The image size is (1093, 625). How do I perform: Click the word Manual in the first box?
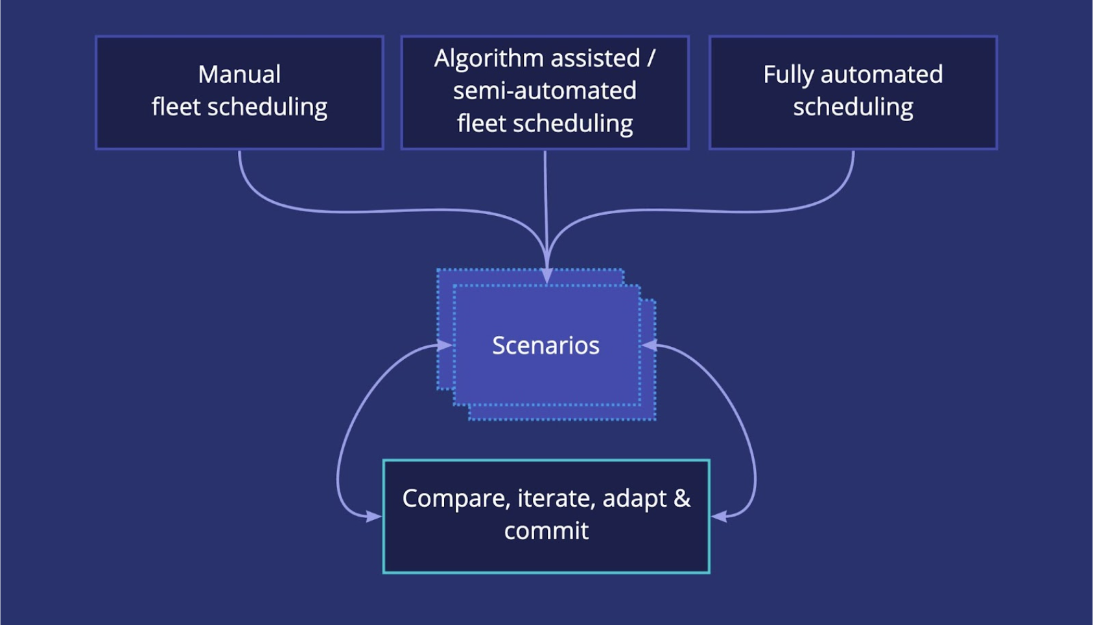[x=239, y=75]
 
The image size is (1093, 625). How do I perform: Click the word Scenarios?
[x=546, y=346]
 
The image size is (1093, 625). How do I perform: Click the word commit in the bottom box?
[x=546, y=531]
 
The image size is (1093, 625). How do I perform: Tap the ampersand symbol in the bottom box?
[x=682, y=499]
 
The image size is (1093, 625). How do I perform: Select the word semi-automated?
[x=545, y=91]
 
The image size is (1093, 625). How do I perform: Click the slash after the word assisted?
[x=651, y=58]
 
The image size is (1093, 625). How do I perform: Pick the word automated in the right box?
[x=882, y=75]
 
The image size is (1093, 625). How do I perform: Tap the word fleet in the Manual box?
[x=176, y=107]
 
